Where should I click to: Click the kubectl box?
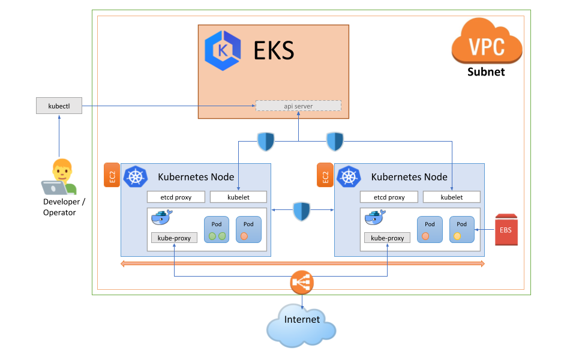coord(59,107)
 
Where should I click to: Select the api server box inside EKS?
coord(298,106)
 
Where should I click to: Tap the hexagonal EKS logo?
coord(223,51)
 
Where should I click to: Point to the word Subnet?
coord(486,72)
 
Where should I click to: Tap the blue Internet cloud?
coord(302,325)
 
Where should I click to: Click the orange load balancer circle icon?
coord(302,283)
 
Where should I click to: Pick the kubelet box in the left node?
coord(238,197)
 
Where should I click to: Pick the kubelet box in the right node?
coord(451,197)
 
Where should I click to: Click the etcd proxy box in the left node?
coord(176,197)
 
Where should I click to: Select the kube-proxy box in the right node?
coord(387,238)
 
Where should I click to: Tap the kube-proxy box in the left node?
coord(174,238)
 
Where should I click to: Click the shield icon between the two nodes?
coord(302,211)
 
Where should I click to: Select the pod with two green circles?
coord(217,229)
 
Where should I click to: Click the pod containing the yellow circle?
coord(461,229)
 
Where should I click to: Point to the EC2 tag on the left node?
coord(112,175)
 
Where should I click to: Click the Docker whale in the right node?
coord(376,217)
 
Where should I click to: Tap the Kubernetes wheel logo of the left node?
coord(135,176)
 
